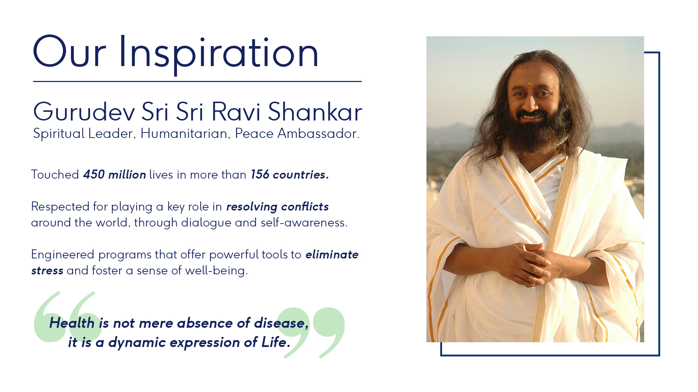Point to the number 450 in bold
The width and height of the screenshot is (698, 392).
94,175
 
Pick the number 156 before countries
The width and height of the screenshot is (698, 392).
260,175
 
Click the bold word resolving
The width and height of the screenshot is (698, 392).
252,207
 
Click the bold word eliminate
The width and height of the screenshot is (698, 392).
332,254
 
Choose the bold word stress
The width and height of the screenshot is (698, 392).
47,271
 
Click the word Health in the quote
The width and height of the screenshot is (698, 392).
72,323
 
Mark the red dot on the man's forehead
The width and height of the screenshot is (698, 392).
529,85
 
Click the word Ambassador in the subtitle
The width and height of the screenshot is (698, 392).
318,134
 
